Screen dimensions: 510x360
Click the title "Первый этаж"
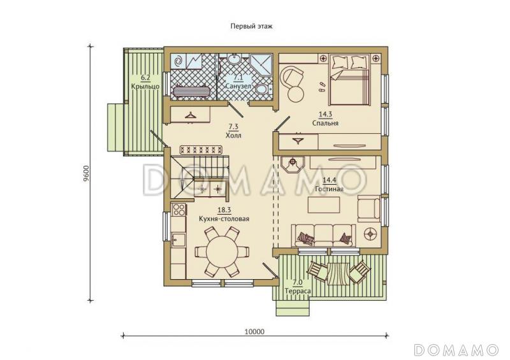[x=251, y=26]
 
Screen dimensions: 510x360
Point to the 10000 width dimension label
[x=254, y=332]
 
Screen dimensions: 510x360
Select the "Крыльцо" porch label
[x=145, y=87]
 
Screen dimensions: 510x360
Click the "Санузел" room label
[x=238, y=87]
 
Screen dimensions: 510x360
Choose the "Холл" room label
[x=233, y=135]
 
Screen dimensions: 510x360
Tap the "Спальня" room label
[x=325, y=123]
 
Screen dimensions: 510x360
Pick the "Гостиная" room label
[x=329, y=189]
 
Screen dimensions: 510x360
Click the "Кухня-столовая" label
[x=224, y=219]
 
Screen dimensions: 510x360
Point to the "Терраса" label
[x=298, y=291]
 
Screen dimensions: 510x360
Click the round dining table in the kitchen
[x=222, y=252]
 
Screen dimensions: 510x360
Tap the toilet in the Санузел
[x=261, y=89]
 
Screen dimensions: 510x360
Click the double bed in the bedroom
[x=349, y=80]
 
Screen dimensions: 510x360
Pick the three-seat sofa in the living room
[x=324, y=236]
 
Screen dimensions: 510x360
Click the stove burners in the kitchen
[x=179, y=210]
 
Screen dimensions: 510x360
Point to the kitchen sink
[x=178, y=240]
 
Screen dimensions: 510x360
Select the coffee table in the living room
[x=324, y=205]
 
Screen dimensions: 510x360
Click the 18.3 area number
[x=224, y=210]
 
